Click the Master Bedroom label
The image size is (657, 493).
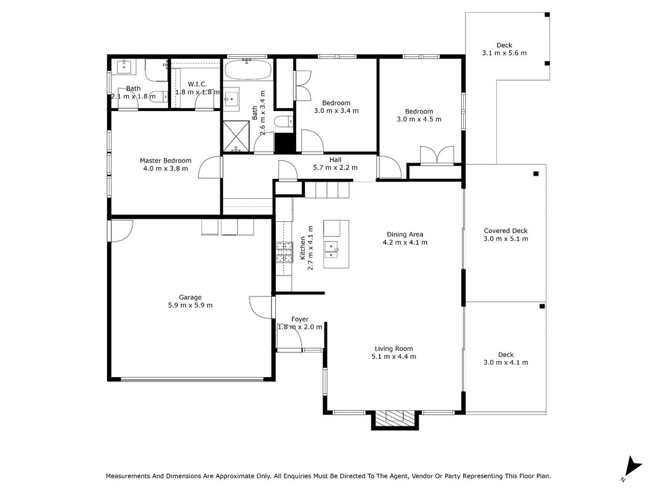[166, 161]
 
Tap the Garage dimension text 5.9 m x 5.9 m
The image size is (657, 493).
[190, 305]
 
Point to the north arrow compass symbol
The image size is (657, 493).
[632, 468]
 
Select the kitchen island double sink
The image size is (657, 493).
[333, 250]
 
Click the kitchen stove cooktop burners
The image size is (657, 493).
[284, 253]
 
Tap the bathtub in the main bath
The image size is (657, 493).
[248, 70]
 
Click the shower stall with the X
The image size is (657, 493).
[236, 136]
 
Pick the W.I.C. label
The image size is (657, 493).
[198, 84]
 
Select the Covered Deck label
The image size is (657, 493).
[506, 230]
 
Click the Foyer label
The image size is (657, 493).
[300, 319]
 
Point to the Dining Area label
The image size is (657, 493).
[405, 234]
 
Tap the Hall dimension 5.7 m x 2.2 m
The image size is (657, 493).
[335, 168]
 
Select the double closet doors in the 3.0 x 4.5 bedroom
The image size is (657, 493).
[437, 155]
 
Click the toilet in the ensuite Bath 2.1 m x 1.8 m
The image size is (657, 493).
[157, 96]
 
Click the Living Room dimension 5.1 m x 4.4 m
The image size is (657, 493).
[394, 357]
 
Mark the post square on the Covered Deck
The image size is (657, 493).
[536, 174]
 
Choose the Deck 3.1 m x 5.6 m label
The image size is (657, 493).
[504, 49]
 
